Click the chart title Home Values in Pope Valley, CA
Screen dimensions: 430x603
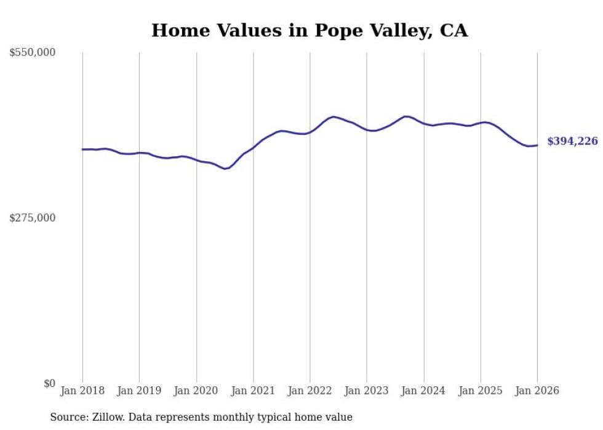click(x=309, y=30)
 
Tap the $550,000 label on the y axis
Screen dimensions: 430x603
click(x=33, y=53)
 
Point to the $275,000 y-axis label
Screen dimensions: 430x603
click(x=33, y=218)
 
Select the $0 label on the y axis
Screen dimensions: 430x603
click(x=50, y=383)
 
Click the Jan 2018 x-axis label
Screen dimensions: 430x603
click(x=82, y=391)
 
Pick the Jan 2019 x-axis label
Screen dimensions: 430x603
click(x=139, y=391)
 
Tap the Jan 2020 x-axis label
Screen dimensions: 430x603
click(x=196, y=391)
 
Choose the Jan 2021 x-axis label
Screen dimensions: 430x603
click(x=253, y=391)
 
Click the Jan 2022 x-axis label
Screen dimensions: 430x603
click(x=310, y=391)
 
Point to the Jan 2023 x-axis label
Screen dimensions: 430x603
click(x=367, y=391)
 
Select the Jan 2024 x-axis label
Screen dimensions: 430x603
click(x=423, y=391)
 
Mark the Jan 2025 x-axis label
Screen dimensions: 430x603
click(x=481, y=391)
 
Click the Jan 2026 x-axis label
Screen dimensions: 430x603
click(x=537, y=391)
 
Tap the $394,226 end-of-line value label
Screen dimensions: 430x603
click(x=572, y=141)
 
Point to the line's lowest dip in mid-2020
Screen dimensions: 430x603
click(x=226, y=169)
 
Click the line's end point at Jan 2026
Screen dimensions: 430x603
click(x=537, y=145)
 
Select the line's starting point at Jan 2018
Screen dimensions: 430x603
click(x=82, y=149)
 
